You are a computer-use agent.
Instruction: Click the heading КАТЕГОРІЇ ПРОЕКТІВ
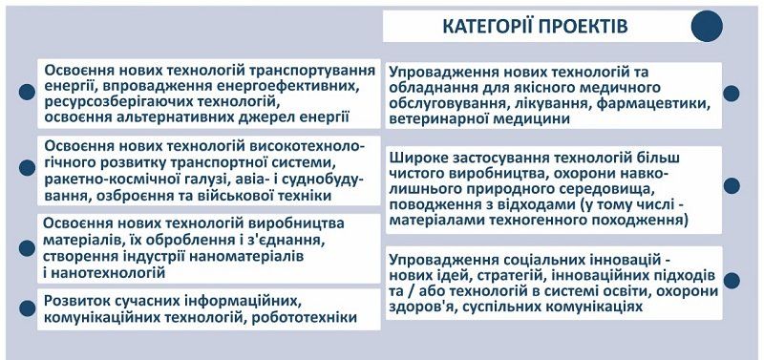[536, 26]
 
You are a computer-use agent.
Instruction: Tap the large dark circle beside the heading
[706, 26]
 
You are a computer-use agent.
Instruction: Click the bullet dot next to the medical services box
[732, 94]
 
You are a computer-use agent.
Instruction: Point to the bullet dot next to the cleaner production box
[732, 186]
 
